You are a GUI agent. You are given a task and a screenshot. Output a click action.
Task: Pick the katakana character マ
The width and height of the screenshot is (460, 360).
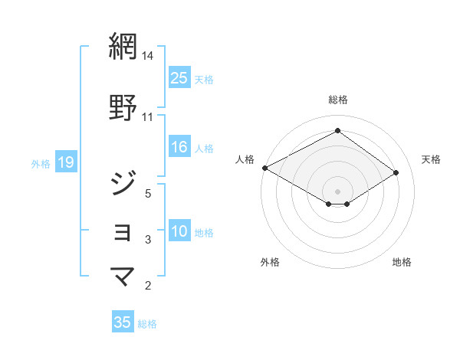[x=123, y=276]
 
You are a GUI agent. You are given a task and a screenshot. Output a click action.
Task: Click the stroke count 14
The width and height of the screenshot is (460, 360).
[x=149, y=56]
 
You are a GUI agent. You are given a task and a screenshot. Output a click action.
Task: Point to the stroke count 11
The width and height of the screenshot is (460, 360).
[x=147, y=117]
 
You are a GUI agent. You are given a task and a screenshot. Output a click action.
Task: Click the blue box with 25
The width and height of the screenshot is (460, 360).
[x=179, y=77]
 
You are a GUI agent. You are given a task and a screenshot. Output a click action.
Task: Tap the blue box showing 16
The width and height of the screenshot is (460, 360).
[x=179, y=147]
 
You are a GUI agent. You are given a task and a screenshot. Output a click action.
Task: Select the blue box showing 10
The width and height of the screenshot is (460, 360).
[x=179, y=231]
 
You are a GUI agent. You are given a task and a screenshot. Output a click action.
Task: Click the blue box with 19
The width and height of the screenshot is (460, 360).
[x=65, y=162]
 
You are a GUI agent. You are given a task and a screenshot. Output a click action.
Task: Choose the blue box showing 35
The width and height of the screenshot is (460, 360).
[x=122, y=322]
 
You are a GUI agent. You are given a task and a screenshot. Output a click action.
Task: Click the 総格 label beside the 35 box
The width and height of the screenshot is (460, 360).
[x=147, y=324]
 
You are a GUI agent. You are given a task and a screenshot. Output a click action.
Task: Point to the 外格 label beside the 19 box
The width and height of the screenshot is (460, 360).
[x=41, y=163]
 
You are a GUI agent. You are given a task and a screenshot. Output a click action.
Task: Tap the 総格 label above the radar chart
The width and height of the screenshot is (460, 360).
[x=337, y=100]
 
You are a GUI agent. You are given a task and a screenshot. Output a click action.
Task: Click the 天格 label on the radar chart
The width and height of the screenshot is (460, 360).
[x=432, y=159]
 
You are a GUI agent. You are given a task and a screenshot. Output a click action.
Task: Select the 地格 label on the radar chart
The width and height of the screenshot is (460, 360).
[x=402, y=262]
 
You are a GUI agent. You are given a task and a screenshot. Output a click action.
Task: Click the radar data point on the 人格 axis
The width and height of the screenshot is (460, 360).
[x=264, y=168]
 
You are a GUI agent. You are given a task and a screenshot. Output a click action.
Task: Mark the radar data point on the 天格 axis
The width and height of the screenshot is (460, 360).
[x=396, y=173]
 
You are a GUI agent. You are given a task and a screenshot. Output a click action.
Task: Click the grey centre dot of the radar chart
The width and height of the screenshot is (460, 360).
[x=337, y=191]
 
